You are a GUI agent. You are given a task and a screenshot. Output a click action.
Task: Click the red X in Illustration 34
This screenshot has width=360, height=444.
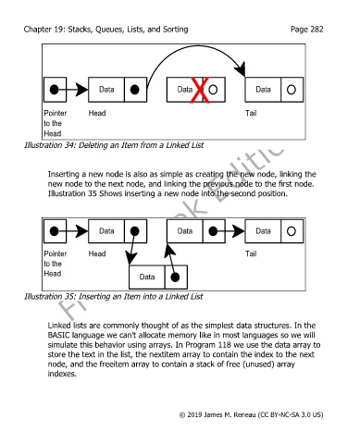200,90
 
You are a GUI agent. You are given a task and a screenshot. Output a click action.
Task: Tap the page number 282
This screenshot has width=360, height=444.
317,30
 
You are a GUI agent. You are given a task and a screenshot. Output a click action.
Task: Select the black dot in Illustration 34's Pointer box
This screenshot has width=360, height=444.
54,90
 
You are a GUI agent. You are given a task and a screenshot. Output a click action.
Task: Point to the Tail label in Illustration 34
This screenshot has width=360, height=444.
251,113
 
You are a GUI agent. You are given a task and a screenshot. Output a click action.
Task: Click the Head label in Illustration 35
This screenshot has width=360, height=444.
97,253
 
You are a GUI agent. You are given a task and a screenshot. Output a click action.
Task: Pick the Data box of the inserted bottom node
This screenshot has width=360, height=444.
147,277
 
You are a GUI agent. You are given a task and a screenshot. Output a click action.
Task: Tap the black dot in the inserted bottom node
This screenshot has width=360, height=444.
175,277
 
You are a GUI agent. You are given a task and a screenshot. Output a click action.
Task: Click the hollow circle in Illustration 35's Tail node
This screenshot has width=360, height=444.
292,231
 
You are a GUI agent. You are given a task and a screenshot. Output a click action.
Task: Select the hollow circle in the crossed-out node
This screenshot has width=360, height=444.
213,90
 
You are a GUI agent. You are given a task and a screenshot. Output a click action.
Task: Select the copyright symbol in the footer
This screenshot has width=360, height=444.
182,415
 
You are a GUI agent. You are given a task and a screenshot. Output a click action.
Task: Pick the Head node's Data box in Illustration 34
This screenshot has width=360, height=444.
106,90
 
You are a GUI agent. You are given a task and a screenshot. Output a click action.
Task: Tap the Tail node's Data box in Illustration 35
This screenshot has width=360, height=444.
263,231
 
